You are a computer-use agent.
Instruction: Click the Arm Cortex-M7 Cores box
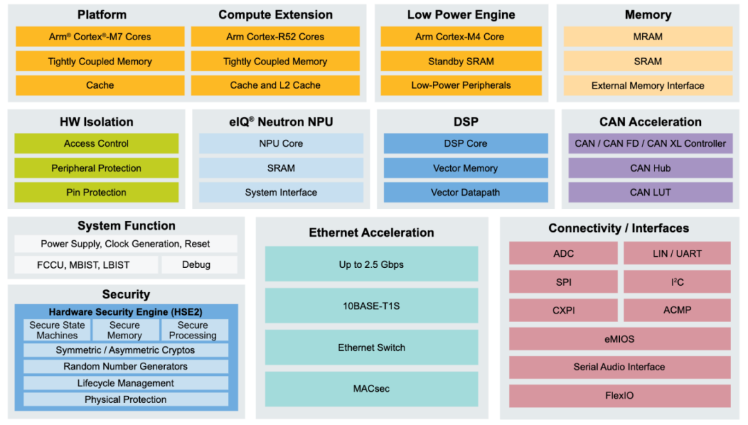[x=100, y=37]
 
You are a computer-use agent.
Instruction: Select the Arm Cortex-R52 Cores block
[x=275, y=37]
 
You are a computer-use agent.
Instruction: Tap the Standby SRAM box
[x=461, y=61]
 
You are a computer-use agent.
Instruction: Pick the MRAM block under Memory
[x=648, y=37]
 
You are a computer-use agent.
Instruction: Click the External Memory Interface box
[x=648, y=86]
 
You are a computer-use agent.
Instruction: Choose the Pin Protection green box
[x=96, y=192]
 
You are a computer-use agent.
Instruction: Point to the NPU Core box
[x=280, y=143]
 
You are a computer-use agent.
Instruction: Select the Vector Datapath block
[x=465, y=192]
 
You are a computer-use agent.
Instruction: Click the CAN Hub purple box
[x=650, y=168]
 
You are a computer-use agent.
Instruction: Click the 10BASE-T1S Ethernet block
[x=371, y=306]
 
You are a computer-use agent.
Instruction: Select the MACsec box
[x=371, y=389]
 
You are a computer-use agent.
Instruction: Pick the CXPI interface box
[x=563, y=310]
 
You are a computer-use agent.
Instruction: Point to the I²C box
[x=677, y=282]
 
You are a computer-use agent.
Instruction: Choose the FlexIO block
[x=619, y=396]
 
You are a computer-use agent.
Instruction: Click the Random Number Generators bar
[x=125, y=366]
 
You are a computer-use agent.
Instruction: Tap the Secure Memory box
[x=125, y=330]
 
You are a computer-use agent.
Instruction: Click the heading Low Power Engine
[x=461, y=15]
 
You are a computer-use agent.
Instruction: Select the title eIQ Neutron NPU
[x=280, y=122]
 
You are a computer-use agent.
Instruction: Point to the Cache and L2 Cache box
[x=275, y=85]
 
